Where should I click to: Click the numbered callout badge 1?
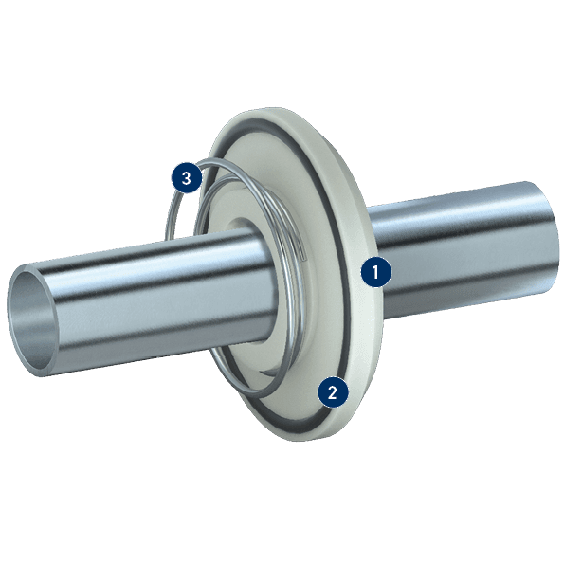tap(376, 272)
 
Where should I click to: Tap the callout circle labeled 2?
tap(333, 391)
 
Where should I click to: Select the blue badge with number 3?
tap(186, 177)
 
